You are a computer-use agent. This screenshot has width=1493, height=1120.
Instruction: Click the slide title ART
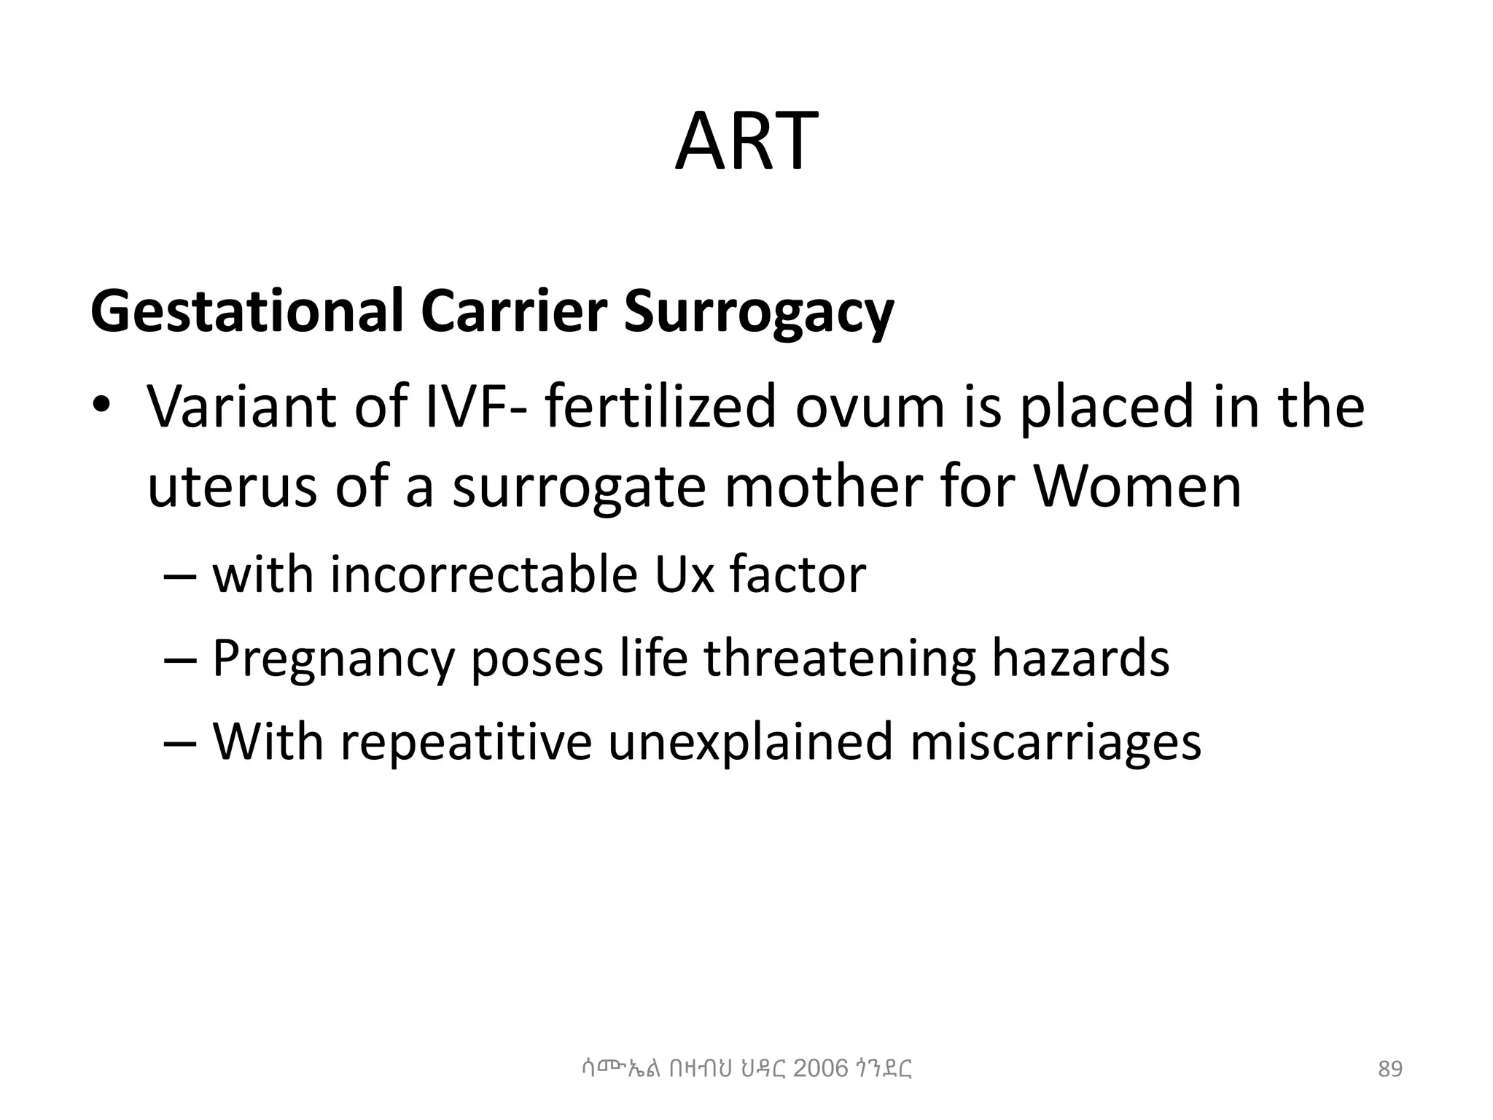tap(746, 142)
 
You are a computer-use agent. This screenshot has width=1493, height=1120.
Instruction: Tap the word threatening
tap(839, 659)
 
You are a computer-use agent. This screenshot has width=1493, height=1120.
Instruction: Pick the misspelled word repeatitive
tap(466, 742)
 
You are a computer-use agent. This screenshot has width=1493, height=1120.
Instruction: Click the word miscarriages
tap(1055, 742)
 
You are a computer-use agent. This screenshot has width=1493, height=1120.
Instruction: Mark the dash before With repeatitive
tap(180, 742)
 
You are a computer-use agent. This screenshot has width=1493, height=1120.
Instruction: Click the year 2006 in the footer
tap(820, 1069)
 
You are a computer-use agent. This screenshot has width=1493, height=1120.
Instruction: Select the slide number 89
tap(1390, 1070)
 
